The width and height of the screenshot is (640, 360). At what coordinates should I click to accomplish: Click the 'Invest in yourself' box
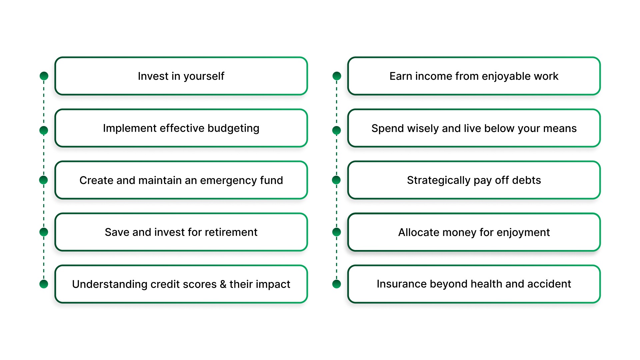[181, 76]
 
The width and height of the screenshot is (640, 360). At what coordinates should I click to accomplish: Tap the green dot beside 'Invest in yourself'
[44, 76]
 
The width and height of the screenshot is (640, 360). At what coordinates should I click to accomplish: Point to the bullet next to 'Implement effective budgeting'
[44, 130]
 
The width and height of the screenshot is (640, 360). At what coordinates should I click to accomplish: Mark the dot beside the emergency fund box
[44, 180]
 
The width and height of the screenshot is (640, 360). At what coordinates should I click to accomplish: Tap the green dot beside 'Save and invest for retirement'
[44, 232]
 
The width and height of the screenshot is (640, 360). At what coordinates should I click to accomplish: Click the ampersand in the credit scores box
[223, 284]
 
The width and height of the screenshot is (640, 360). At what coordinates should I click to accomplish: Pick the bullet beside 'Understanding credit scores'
[44, 284]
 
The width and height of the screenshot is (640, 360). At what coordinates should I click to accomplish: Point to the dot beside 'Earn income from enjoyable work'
[337, 76]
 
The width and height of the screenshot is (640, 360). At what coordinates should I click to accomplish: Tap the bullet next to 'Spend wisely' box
[337, 130]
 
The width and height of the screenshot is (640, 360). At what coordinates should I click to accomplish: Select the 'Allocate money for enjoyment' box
[474, 232]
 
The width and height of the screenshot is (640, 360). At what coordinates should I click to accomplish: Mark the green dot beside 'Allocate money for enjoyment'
[337, 232]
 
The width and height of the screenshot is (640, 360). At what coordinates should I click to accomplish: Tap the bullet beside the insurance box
[337, 284]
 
